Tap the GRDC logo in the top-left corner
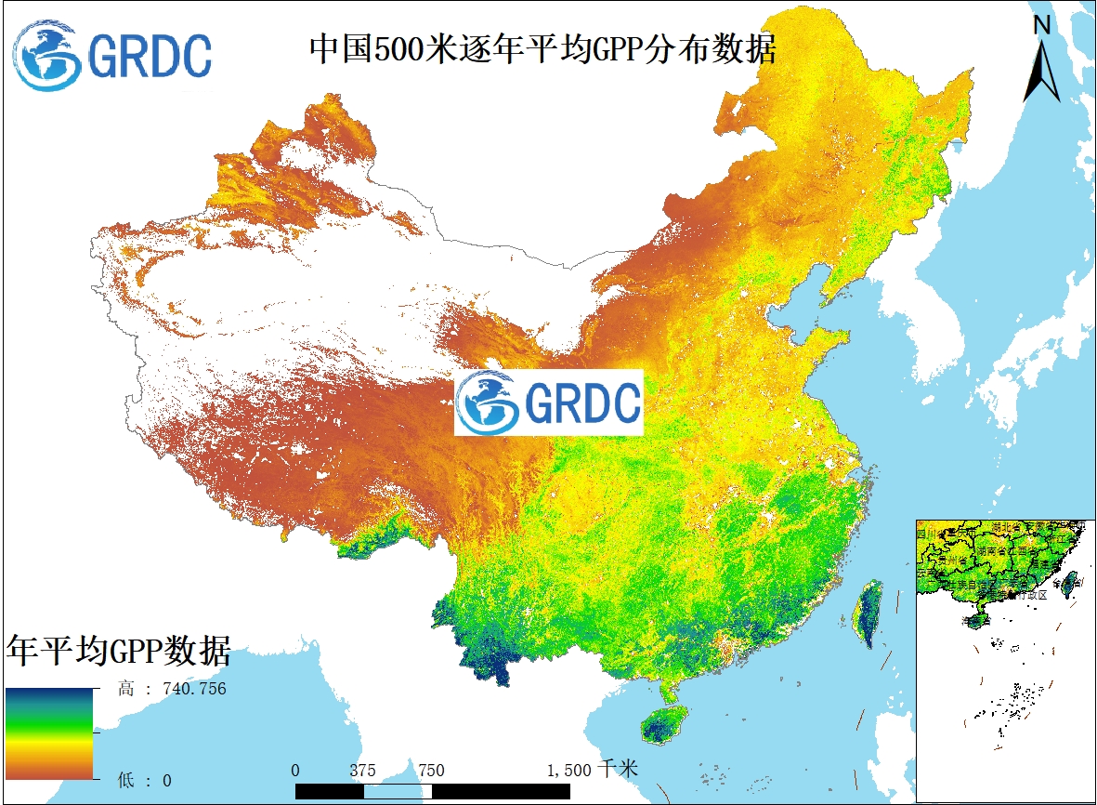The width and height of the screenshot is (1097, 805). tap(112, 55)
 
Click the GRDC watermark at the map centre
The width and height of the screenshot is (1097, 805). tap(548, 402)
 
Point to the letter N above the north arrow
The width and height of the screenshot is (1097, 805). tap(1041, 26)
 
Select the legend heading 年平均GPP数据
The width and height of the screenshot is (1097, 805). tap(118, 650)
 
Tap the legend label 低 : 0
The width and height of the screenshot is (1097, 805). tap(145, 780)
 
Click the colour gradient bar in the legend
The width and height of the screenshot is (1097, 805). tap(49, 733)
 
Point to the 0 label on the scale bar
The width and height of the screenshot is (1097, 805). tap(295, 770)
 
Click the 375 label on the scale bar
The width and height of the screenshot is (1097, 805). tap(363, 770)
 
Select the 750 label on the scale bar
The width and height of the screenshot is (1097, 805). tap(430, 770)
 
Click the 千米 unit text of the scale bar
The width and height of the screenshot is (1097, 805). tap(619, 769)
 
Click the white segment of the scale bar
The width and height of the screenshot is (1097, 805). tap(398, 791)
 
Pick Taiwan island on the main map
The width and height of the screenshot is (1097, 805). tap(869, 614)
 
